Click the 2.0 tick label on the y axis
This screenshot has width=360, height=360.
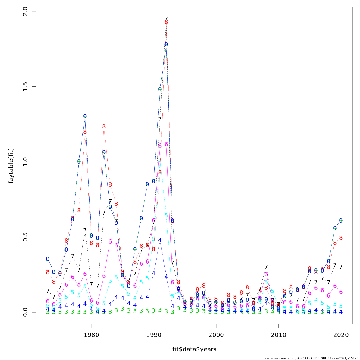tap(25, 11)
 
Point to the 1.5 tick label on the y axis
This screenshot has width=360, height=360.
tap(25, 87)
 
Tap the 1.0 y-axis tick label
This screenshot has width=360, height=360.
tap(25, 162)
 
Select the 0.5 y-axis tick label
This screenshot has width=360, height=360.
tap(25, 237)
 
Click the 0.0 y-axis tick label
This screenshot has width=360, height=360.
tap(25, 312)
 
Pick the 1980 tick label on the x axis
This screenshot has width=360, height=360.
tap(91, 335)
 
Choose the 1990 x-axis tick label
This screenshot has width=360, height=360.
tap(154, 335)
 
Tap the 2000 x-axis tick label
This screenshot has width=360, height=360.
tap(216, 335)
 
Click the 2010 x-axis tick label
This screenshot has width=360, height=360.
tap(279, 335)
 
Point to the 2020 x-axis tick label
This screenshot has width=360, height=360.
tap(341, 335)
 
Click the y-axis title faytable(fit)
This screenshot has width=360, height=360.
tap(11, 166)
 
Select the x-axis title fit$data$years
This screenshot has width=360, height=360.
tap(194, 349)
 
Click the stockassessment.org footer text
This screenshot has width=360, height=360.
tap(311, 358)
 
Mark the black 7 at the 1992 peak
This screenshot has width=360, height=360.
tap(166, 19)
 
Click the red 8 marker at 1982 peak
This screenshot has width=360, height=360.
tap(104, 127)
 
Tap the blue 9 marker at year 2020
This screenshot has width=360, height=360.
tap(341, 220)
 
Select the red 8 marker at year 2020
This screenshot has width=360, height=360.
tap(341, 238)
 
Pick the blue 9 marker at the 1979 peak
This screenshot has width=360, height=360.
tap(85, 116)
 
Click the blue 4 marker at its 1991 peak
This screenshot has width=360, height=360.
tap(160, 240)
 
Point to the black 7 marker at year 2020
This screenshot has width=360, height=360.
tap(341, 267)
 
